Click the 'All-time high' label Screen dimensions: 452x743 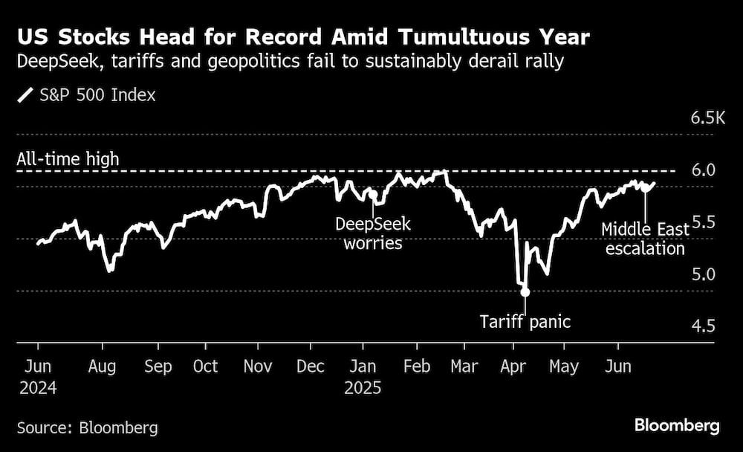point(68,159)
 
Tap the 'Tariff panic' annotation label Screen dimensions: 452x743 point(525,322)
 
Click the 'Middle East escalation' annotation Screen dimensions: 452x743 point(645,239)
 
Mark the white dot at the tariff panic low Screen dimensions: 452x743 point(525,292)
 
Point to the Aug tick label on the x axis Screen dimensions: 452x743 point(102,367)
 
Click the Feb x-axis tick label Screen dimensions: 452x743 point(416,367)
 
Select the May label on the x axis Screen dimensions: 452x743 point(564,367)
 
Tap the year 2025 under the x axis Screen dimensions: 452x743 point(363,388)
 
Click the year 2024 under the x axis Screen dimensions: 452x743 point(38,388)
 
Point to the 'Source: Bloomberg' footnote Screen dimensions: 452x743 point(88,427)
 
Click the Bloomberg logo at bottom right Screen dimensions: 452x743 point(677,426)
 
